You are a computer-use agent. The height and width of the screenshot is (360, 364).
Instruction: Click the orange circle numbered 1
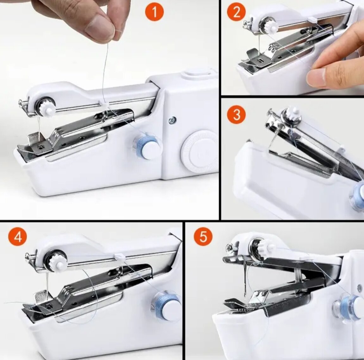pyautogui.click(x=154, y=12)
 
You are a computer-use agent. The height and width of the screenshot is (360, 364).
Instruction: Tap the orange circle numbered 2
pyautogui.click(x=236, y=12)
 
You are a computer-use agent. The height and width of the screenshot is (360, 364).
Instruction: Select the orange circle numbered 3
pyautogui.click(x=236, y=115)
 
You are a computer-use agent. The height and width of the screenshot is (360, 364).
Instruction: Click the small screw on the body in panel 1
pyautogui.click(x=173, y=120)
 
